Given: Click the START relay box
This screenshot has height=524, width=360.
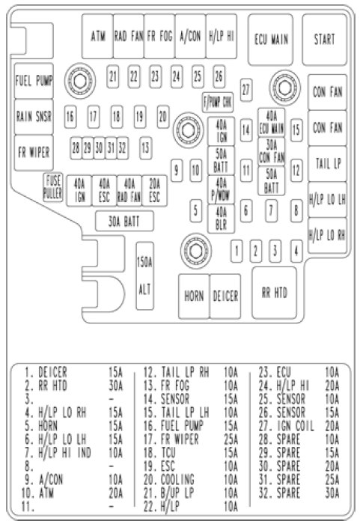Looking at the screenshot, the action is point(325,40).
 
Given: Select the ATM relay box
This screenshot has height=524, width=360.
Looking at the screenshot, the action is point(97,36).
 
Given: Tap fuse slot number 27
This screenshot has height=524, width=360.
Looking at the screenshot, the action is point(246,90).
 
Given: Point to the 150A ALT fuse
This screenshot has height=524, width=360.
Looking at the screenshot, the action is point(144,275).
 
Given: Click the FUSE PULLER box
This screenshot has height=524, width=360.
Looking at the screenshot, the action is point(53,187).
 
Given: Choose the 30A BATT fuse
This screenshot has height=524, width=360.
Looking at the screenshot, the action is point(124,222).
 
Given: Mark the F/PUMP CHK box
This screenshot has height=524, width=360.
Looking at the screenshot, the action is point(218,102).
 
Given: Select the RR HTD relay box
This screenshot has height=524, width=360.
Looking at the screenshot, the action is point(275,293).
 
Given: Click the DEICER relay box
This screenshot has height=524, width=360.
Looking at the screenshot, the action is point(225,296).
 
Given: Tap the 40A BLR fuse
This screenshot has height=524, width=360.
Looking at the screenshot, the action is point(221,219).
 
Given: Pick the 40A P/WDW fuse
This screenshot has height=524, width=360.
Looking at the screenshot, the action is point(221,189).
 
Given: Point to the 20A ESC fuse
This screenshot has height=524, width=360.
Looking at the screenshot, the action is point(154,191).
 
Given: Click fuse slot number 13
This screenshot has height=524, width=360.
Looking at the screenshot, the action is point(145,147).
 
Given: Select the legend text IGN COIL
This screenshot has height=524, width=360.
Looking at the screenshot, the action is point(296,426).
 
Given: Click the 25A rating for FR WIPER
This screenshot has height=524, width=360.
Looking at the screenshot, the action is point(231,439).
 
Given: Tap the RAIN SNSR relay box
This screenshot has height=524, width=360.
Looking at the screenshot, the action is point(34,117).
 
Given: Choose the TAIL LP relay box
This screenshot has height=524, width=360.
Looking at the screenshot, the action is point(328,164).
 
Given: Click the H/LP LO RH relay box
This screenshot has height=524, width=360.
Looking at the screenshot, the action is point(328,235).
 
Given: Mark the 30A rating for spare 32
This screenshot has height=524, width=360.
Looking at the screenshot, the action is point(332,493).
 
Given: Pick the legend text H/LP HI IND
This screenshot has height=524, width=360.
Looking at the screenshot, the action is point(64,453).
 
